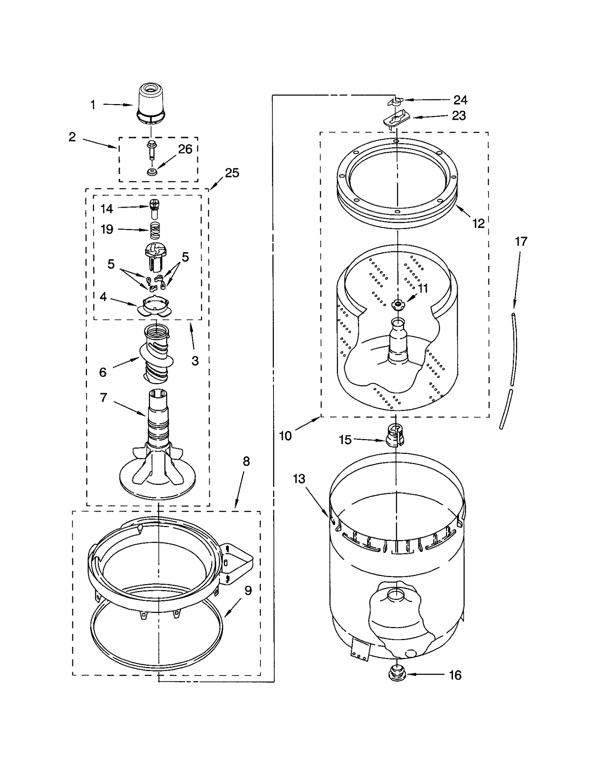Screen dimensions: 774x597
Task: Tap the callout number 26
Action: coord(185,149)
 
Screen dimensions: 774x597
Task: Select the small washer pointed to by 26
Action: coord(151,172)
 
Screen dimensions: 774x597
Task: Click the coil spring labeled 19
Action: coord(155,230)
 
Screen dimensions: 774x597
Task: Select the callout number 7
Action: coord(104,398)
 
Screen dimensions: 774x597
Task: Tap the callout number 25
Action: coord(232,173)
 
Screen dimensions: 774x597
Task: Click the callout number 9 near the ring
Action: coord(248,590)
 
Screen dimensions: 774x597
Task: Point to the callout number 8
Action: coord(246,461)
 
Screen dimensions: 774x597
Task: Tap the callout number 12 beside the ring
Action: coord(478,223)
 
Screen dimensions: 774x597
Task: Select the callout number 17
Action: coord(521,241)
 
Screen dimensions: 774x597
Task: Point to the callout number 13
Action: coord(299,479)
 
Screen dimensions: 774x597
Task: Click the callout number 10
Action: coord(285,436)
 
